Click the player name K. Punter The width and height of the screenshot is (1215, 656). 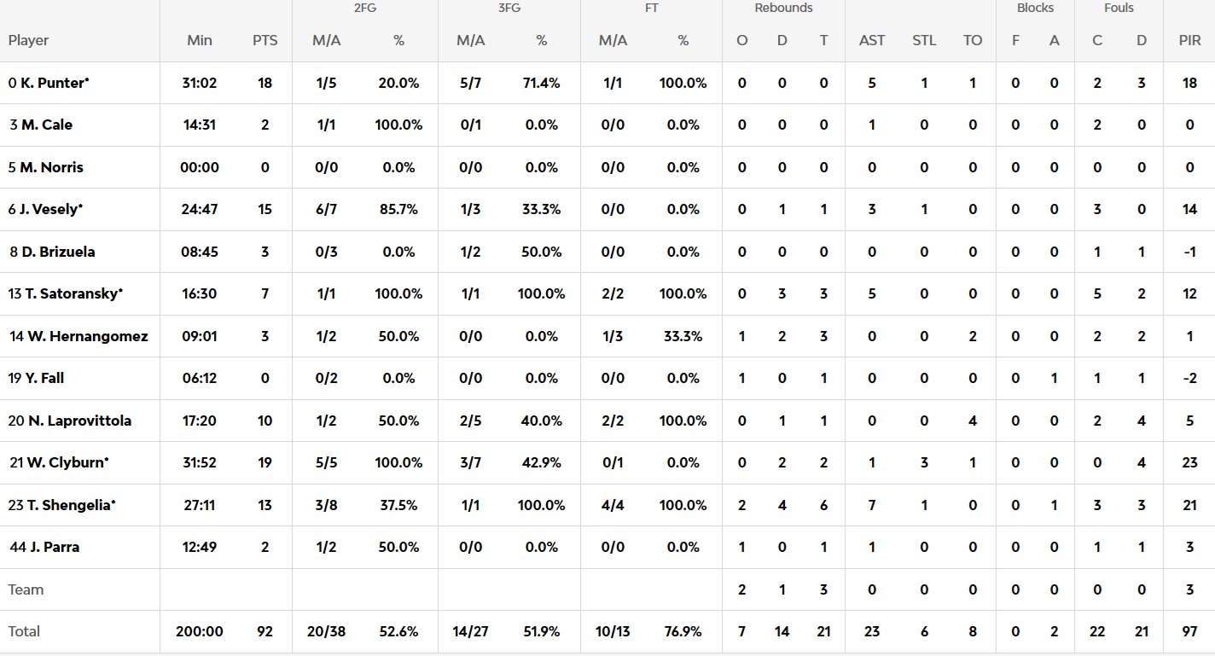click(55, 83)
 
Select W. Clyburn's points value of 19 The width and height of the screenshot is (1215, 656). click(265, 462)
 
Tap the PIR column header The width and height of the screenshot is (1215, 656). click(1189, 41)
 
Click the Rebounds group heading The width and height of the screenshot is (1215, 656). click(783, 9)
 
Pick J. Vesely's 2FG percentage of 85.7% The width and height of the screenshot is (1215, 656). click(398, 209)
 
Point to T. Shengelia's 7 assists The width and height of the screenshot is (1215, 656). click(872, 505)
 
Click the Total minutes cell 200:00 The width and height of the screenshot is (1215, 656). click(199, 631)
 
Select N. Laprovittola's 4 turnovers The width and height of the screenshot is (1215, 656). click(973, 421)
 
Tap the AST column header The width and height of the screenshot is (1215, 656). click(872, 41)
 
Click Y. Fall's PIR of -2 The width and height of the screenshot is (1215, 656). click(1189, 379)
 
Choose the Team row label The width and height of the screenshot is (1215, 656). click(26, 589)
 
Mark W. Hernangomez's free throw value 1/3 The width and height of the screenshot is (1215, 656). click(613, 336)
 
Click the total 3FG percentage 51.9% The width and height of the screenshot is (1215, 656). click(541, 631)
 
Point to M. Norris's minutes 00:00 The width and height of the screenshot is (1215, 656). click(199, 167)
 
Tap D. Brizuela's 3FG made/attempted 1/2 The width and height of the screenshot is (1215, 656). click(470, 252)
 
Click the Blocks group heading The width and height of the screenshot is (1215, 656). click(1035, 9)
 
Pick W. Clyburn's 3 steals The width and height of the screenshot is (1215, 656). click(924, 462)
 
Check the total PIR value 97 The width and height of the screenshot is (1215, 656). click(1189, 631)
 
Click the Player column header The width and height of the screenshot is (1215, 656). click(28, 41)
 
